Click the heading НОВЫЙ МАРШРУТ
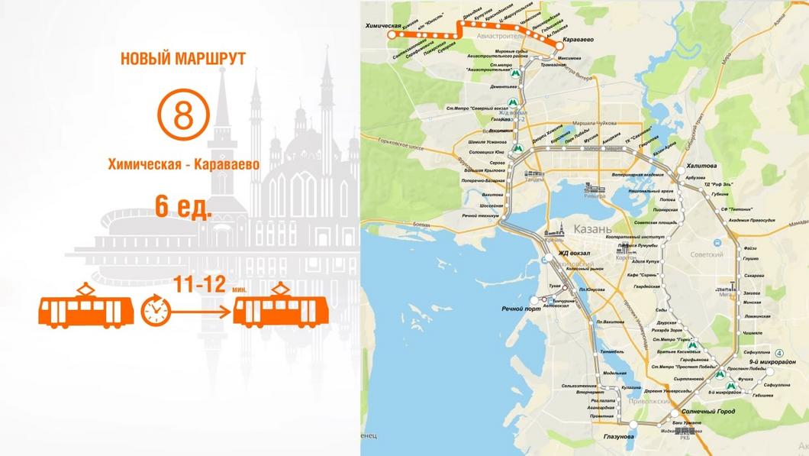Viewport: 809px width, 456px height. pyautogui.click(x=183, y=58)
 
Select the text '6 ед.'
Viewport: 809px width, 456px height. pyautogui.click(x=183, y=205)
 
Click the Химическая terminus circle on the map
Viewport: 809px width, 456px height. pyautogui.click(x=392, y=35)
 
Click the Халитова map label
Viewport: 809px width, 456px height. pyautogui.click(x=702, y=166)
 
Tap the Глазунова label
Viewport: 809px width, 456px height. pyautogui.click(x=618, y=436)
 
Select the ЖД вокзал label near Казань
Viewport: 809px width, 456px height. pyautogui.click(x=575, y=253)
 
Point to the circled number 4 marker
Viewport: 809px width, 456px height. pyautogui.click(x=778, y=352)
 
